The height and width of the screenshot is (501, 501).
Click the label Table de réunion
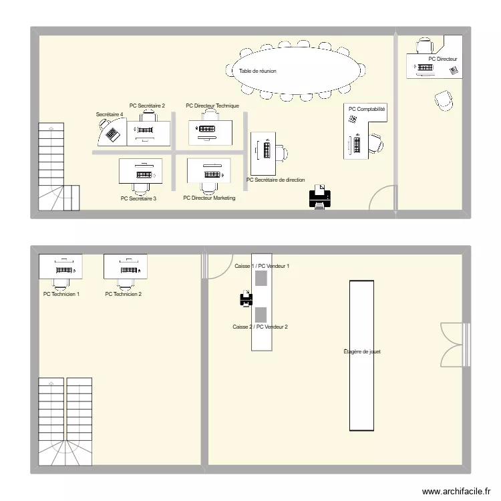pos(258,71)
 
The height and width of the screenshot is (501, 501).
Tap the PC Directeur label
pos(443,59)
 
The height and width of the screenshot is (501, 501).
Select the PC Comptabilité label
pos(367,109)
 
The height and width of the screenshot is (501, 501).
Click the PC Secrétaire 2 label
pos(147,106)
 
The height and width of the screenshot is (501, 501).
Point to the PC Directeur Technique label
pos(212,106)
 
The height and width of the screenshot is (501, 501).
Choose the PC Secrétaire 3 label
pos(138,198)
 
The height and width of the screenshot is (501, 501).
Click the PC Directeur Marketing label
pos(209,198)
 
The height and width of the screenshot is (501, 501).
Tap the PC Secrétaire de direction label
pos(275,180)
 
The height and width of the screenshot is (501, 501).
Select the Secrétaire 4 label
pos(110,115)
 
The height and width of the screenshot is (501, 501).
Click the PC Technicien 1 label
pos(61,294)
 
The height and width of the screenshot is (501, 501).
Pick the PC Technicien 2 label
pos(124,294)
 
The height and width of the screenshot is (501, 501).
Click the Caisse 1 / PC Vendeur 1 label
pos(261,266)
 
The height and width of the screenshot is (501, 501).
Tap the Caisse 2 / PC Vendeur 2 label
pos(260,327)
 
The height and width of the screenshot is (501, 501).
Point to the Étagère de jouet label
pos(362,351)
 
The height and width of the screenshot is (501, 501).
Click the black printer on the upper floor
pos(319,198)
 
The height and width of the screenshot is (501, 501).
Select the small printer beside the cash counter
pos(246,299)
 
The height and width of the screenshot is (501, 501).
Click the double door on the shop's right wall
pos(452,344)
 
